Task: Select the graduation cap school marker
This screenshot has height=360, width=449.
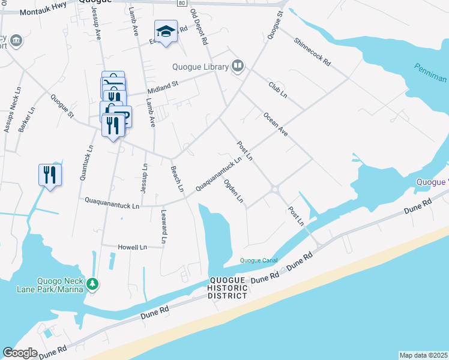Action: tap(166, 31)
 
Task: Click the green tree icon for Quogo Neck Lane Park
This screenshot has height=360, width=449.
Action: tap(92, 283)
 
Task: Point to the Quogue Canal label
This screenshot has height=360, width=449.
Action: tap(259, 260)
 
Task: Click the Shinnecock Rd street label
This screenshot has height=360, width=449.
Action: tap(312, 52)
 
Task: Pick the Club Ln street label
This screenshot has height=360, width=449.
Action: tap(278, 90)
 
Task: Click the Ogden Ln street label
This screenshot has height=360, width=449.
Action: tap(234, 190)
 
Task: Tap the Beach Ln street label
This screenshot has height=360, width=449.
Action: tap(177, 179)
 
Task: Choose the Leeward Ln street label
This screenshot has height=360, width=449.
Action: tap(163, 226)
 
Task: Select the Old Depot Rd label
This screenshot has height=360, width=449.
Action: tap(199, 27)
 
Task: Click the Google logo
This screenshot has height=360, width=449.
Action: tap(20, 353)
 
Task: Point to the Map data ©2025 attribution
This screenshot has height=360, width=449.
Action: tap(423, 355)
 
